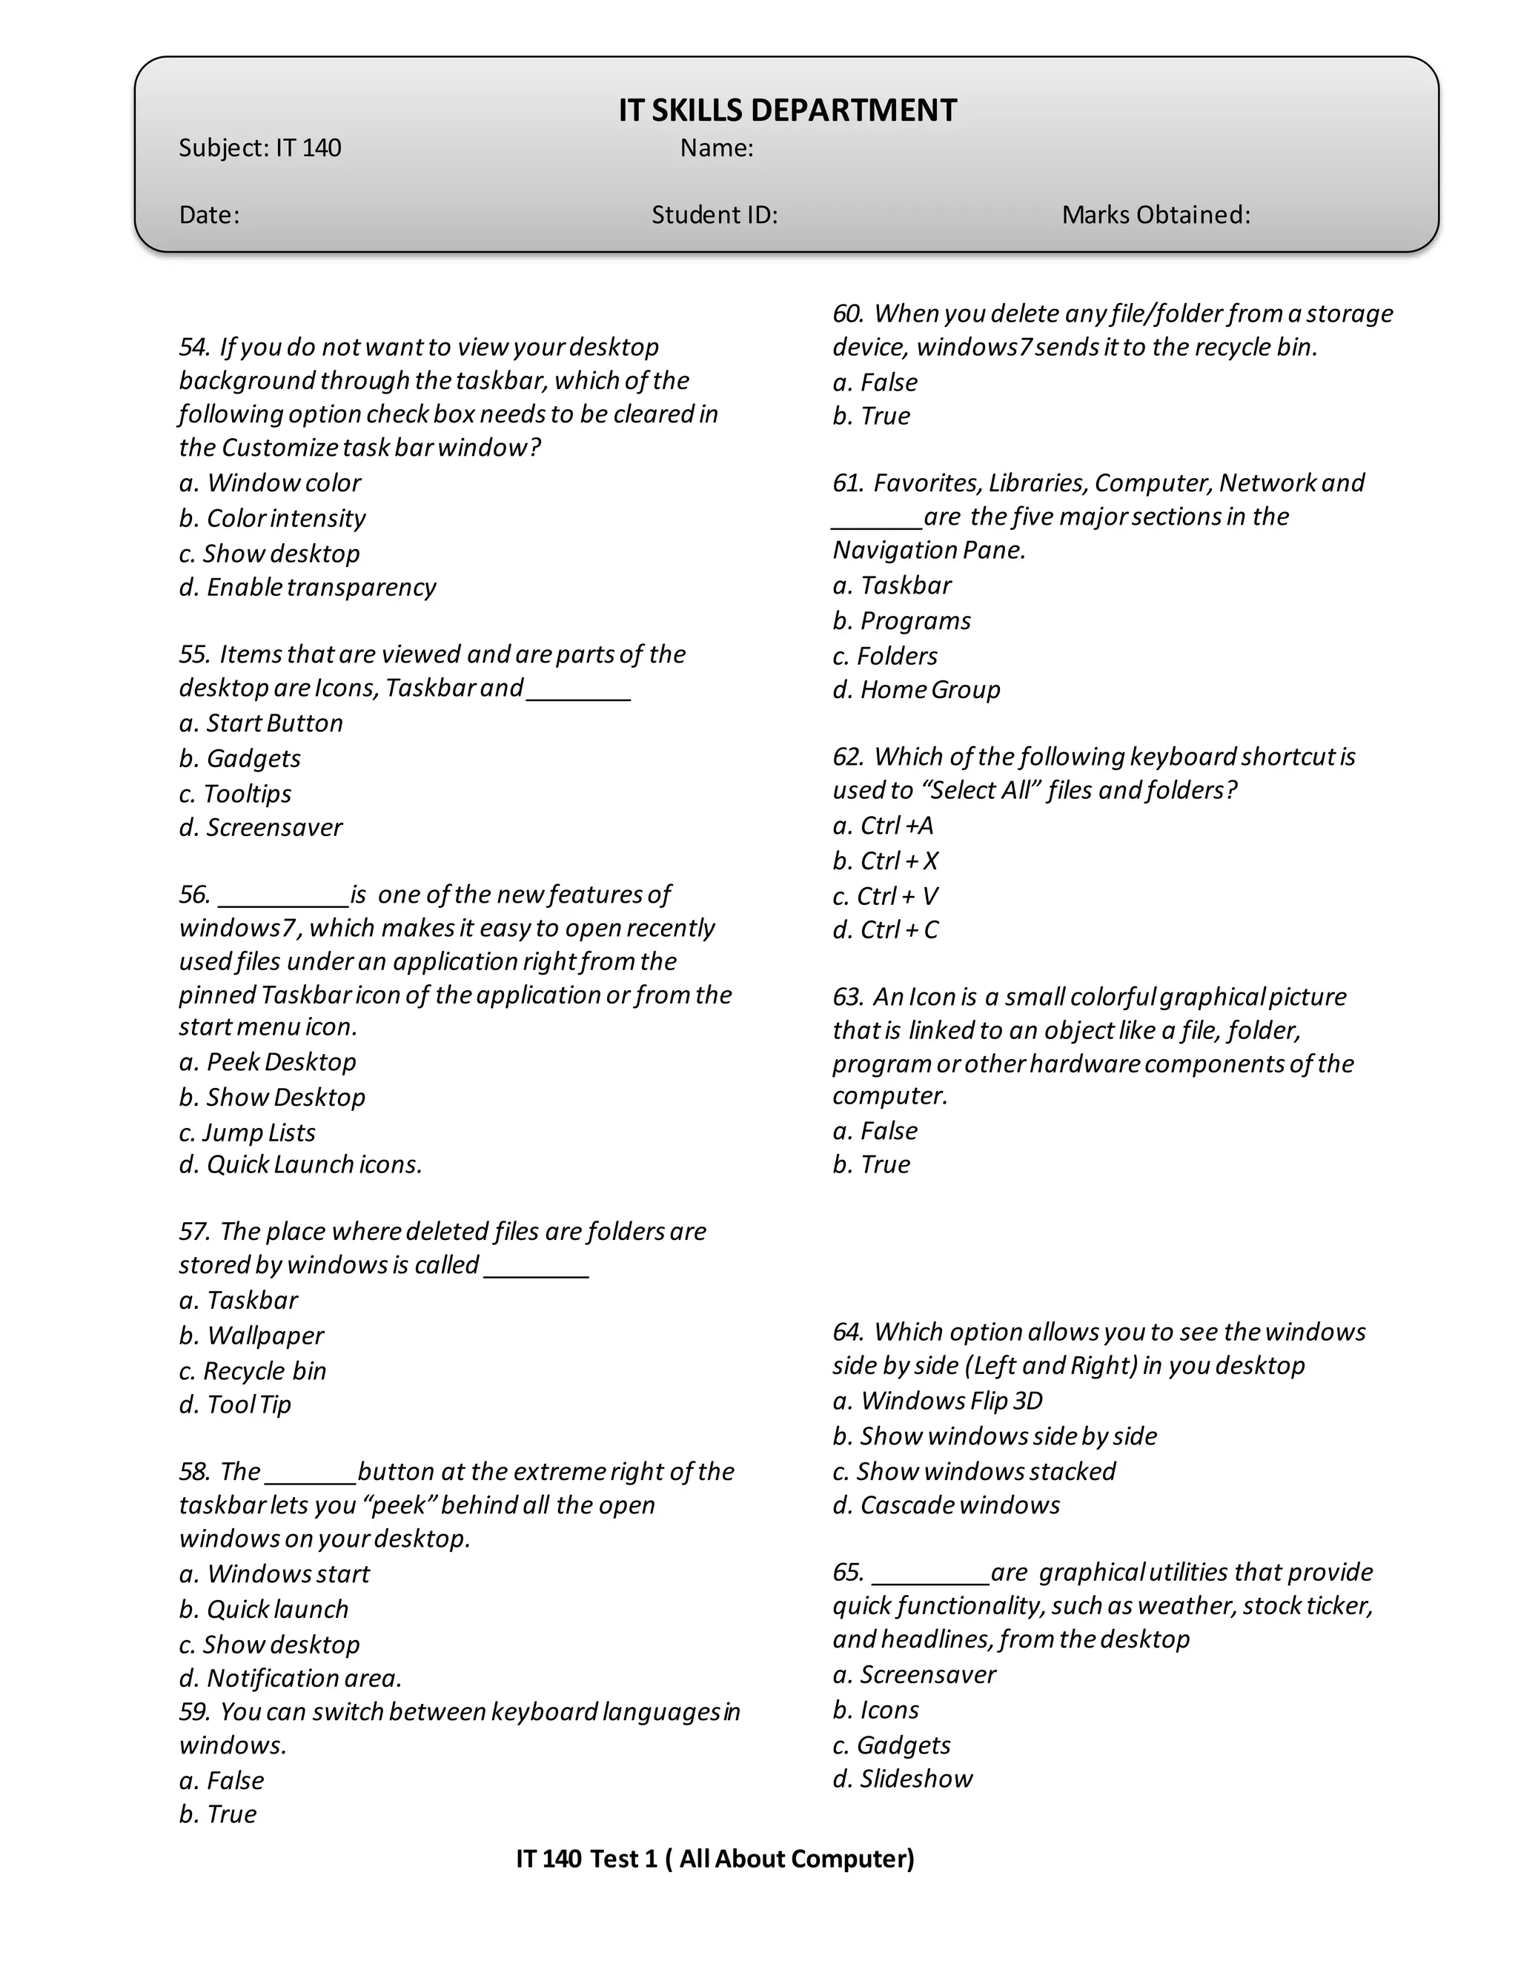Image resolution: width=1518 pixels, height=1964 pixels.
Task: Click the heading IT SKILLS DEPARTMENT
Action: point(787,110)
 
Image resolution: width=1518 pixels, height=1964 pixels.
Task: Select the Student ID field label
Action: point(714,215)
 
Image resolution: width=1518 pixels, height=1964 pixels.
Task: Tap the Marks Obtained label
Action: point(1156,215)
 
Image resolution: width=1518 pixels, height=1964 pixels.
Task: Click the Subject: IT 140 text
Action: point(260,147)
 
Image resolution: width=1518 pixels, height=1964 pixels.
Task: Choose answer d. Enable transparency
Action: point(308,587)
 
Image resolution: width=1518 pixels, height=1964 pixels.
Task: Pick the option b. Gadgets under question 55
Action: point(240,758)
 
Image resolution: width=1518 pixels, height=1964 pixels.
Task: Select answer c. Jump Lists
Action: point(248,1132)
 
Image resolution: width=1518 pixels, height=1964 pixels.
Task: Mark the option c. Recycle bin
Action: point(253,1370)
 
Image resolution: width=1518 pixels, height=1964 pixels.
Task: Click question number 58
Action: point(193,1472)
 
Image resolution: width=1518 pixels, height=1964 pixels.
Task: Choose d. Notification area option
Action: point(291,1678)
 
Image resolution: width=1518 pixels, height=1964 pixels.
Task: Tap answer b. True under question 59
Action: point(218,1814)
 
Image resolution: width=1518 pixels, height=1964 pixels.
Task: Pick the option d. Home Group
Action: point(916,690)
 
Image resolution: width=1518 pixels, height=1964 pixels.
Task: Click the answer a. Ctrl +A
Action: point(883,826)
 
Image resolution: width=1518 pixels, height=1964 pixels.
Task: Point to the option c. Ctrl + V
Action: point(885,896)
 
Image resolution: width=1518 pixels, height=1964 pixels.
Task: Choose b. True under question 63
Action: point(872,1164)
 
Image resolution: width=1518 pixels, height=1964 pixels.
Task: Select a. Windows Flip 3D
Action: point(938,1401)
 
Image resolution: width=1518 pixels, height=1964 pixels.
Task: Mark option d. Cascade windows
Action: point(946,1505)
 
